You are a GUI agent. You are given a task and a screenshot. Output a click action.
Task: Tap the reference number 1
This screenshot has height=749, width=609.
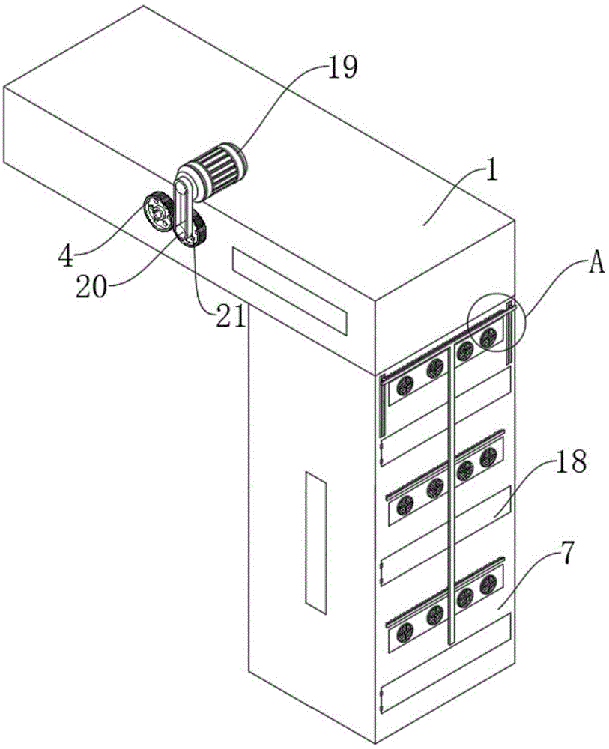(491, 171)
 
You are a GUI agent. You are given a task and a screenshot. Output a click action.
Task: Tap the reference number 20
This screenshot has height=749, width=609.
(91, 288)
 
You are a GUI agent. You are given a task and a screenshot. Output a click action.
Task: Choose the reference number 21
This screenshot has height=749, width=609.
(231, 316)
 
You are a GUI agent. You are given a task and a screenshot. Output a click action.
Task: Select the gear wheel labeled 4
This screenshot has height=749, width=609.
(157, 212)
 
